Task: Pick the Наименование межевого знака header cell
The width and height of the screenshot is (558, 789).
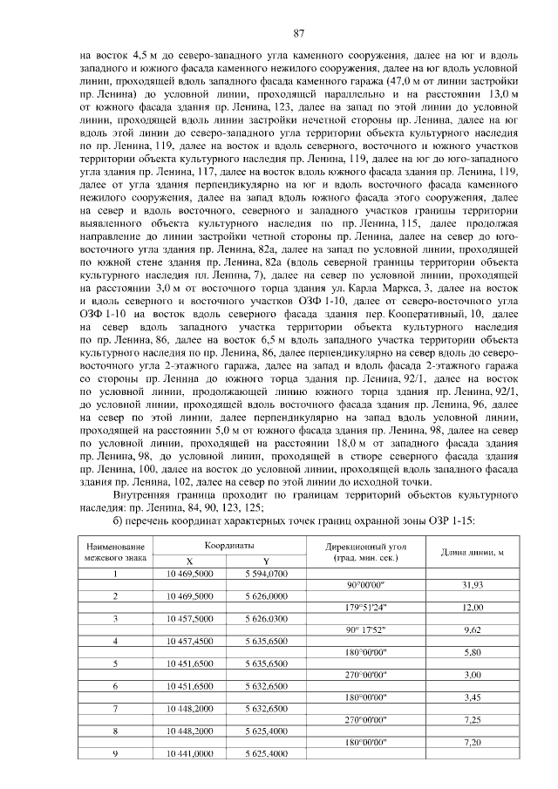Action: (116, 550)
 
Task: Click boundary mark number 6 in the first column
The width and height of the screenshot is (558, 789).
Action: (116, 686)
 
